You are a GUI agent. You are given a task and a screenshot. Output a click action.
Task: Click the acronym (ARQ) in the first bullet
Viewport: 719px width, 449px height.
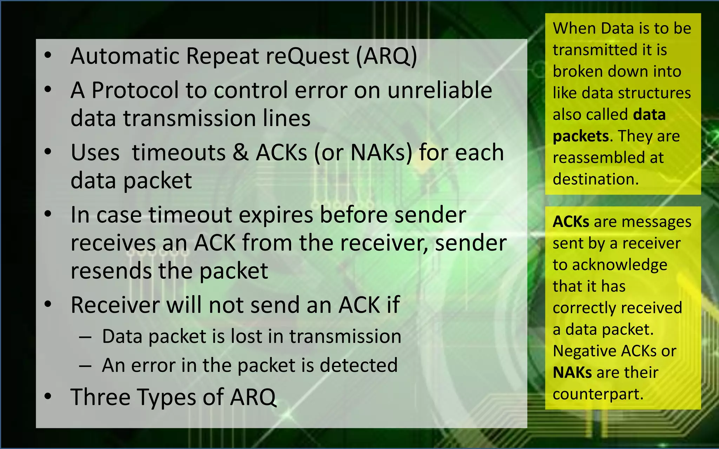pyautogui.click(x=387, y=56)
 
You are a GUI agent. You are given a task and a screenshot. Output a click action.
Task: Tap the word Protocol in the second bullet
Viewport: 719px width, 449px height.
pyautogui.click(x=135, y=91)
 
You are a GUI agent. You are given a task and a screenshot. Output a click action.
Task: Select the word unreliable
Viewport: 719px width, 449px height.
pyautogui.click(x=440, y=91)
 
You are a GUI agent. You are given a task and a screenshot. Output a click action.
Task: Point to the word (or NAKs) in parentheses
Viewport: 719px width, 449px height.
pyautogui.click(x=363, y=153)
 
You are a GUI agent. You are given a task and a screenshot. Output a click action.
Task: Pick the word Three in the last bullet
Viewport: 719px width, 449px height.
pyautogui.click(x=100, y=397)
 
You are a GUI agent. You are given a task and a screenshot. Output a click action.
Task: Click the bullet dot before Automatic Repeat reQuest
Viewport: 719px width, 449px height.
pyautogui.click(x=48, y=55)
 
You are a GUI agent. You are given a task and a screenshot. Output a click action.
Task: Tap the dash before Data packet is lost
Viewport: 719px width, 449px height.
pyautogui.click(x=85, y=337)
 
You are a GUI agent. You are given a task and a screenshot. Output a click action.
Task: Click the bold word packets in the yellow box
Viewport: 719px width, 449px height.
pyautogui.click(x=580, y=136)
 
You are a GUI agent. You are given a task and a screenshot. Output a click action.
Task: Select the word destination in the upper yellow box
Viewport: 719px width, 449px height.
pyautogui.click(x=595, y=179)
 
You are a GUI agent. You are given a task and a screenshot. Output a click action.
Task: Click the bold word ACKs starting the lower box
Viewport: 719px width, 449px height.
pyautogui.click(x=571, y=222)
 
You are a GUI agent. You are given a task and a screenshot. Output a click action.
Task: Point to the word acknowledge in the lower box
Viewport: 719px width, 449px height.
pyautogui.click(x=620, y=265)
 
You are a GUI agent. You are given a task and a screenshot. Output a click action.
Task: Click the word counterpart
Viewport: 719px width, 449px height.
pyautogui.click(x=598, y=394)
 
